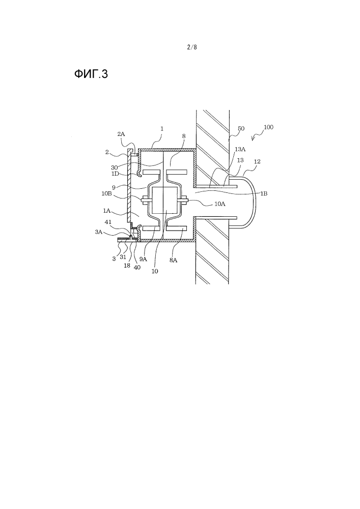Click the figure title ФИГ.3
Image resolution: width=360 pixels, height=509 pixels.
(91, 74)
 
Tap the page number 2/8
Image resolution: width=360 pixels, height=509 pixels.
(192, 47)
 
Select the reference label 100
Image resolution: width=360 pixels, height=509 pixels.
(268, 127)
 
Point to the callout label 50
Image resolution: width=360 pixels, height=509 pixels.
(241, 129)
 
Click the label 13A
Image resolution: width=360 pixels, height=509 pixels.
(240, 149)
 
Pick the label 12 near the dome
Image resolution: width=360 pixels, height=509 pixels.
(257, 161)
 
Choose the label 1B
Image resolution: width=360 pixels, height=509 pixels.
(264, 193)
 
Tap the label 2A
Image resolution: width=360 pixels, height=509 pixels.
(121, 134)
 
